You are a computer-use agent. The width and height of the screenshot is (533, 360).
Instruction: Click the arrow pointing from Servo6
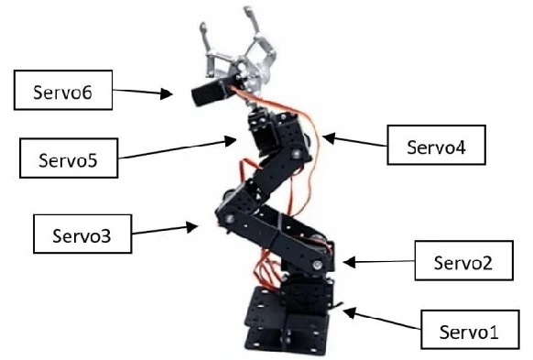pyautogui.click(x=142, y=92)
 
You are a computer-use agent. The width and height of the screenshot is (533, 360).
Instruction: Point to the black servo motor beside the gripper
pyautogui.click(x=208, y=93)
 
